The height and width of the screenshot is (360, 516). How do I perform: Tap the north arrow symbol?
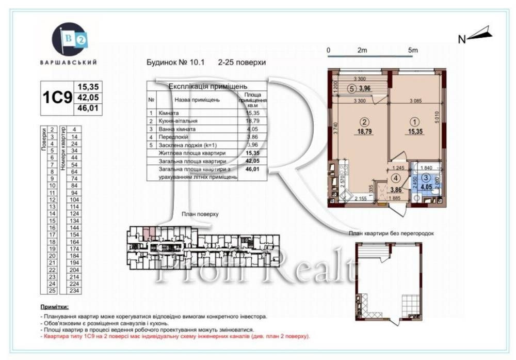pyautogui.click(x=479, y=35)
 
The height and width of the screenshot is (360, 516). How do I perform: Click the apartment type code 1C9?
pyautogui.click(x=56, y=98)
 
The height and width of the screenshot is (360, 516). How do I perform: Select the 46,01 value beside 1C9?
pyautogui.click(x=88, y=108)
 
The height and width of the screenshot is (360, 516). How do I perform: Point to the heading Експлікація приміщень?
pyautogui.click(x=207, y=86)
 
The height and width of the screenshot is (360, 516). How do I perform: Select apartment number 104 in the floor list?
pyautogui.click(x=74, y=199)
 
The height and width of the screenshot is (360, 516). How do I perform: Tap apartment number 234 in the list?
pyautogui.click(x=74, y=291)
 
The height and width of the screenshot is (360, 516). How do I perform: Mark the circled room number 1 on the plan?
pyautogui.click(x=416, y=122)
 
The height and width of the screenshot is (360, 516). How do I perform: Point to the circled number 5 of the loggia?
pyautogui.click(x=351, y=88)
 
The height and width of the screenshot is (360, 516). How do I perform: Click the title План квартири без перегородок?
pyautogui.click(x=391, y=233)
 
